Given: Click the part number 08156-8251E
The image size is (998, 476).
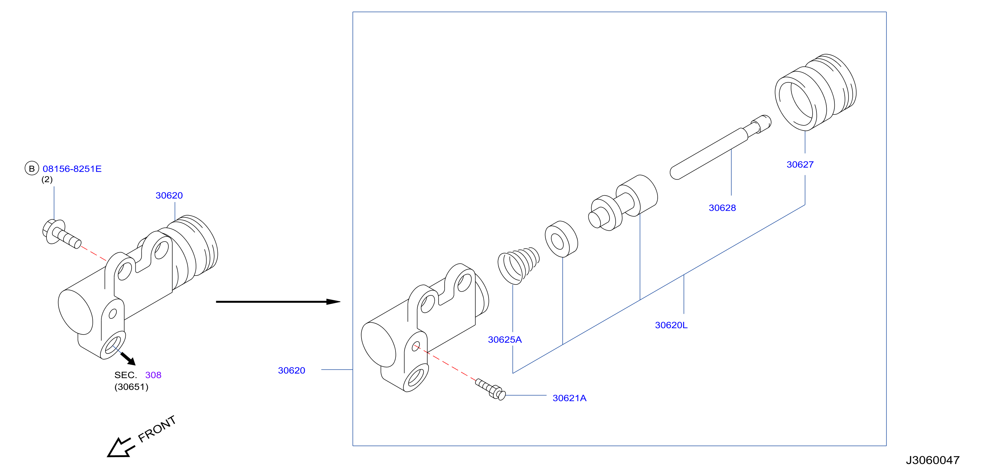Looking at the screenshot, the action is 72,169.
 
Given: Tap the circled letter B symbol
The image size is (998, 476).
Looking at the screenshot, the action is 32,168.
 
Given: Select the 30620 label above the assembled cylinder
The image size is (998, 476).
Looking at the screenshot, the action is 169,196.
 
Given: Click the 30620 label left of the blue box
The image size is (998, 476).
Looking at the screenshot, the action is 291,371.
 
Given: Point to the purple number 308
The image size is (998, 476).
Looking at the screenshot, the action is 153,375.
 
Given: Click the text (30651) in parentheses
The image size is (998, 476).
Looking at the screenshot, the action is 131,387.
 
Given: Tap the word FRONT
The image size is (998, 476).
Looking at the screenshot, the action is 157,429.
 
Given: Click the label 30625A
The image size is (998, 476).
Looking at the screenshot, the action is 505,340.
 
